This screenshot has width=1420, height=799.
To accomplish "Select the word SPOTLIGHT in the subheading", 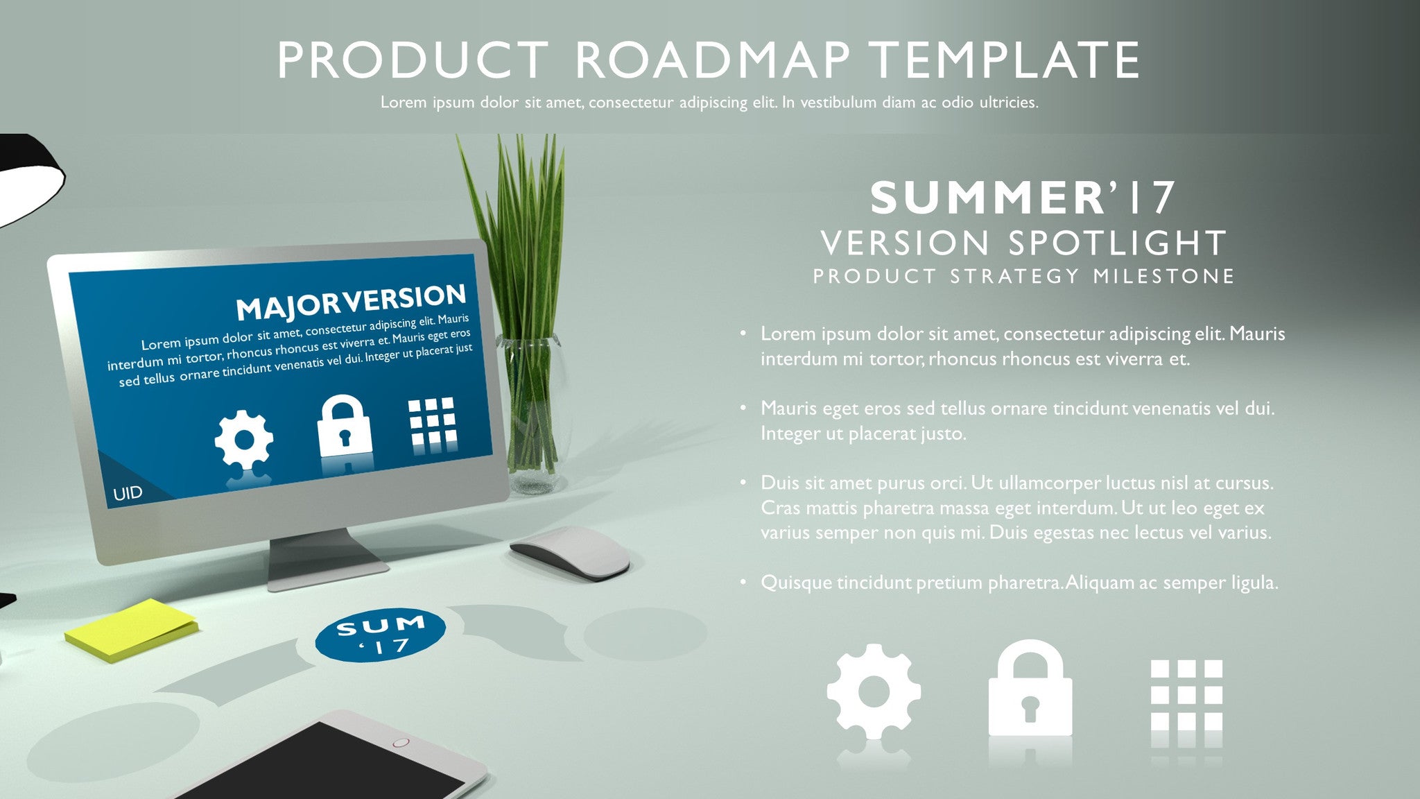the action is click(1116, 243).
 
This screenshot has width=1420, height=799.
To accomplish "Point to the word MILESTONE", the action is click(1164, 276).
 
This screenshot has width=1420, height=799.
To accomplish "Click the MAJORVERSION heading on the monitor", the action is click(352, 302).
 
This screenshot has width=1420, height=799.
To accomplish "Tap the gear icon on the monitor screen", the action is click(243, 439).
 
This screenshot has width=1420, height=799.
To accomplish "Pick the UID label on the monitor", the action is click(128, 493).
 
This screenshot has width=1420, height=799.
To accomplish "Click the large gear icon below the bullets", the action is click(874, 691).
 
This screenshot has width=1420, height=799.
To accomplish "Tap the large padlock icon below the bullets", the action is click(1030, 688).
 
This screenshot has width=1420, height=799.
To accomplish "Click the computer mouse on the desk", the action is click(571, 551).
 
